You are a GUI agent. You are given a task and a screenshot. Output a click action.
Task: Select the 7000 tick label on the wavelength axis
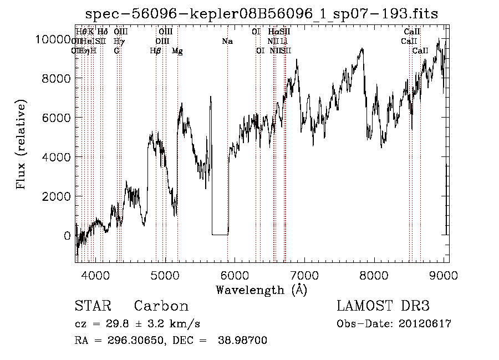304,275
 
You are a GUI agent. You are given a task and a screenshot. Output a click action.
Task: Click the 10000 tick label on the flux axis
53,39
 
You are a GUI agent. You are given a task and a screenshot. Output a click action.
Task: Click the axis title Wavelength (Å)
261,290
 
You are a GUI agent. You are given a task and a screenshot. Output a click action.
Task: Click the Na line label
227,42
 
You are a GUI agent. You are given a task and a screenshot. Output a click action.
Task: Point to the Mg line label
177,51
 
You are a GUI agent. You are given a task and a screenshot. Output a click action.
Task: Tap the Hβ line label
156,51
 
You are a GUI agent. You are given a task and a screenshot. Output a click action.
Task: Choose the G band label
116,51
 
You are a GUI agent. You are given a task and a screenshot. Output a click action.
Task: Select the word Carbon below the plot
161,306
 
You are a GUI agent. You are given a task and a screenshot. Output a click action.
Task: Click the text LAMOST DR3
383,306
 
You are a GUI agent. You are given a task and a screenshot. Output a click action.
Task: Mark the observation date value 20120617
425,324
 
